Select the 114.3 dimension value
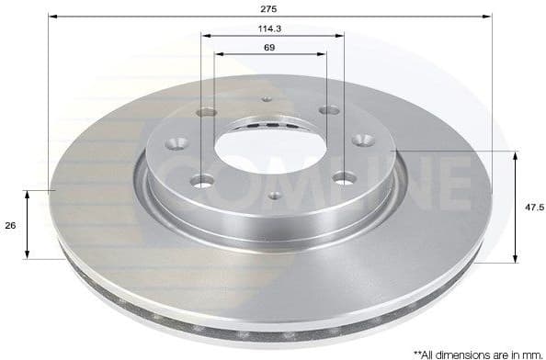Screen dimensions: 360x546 coord(270,28)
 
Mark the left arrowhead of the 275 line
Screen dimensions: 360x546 coord(51,17)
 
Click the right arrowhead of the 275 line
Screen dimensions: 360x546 coord(488,17)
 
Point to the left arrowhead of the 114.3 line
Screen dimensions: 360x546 coord(205,36)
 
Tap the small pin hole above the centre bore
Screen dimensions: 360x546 coord(267,100)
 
